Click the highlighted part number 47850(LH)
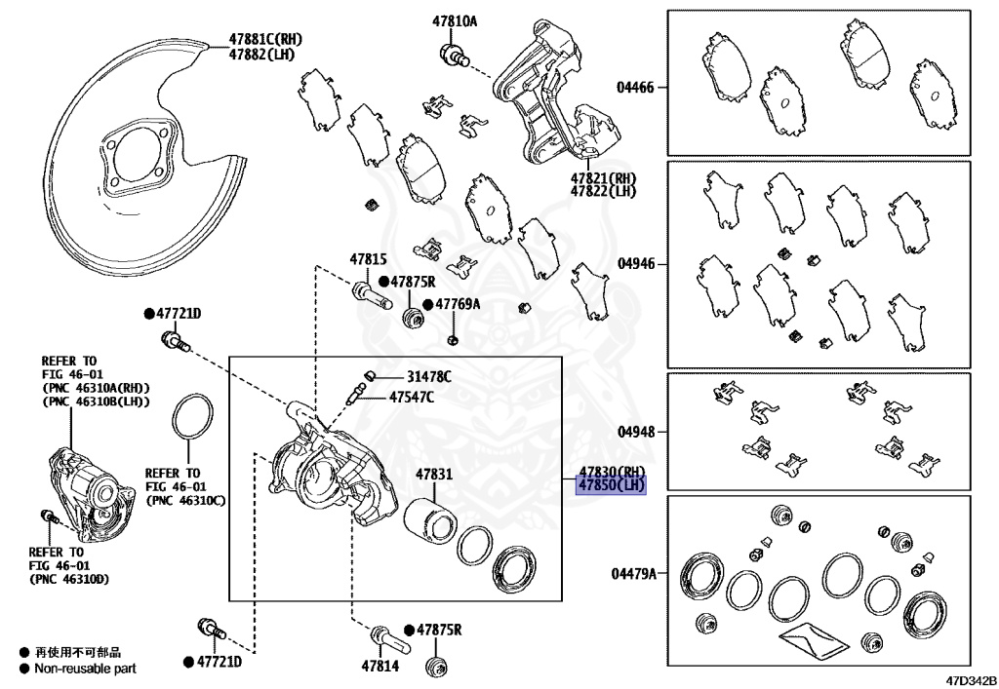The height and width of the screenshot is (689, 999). point(611,485)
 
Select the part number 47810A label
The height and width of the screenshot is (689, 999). point(455,20)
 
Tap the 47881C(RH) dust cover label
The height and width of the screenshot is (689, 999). point(266,39)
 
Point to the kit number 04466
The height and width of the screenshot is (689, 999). point(635,87)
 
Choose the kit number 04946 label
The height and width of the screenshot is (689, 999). point(635,264)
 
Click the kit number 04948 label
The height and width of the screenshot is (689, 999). point(635,431)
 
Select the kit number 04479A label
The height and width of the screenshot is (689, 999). point(634,575)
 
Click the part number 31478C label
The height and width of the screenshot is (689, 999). point(429,376)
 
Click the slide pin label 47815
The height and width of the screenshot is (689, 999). point(369,259)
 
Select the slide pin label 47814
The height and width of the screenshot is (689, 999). point(380,666)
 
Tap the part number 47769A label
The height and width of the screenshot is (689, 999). point(458,304)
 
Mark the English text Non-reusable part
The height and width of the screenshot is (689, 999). point(85,669)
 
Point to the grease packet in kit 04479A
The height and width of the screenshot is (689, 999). point(809,640)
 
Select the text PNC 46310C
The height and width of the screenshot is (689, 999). point(184,500)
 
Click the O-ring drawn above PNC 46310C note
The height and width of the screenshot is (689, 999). point(192,422)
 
